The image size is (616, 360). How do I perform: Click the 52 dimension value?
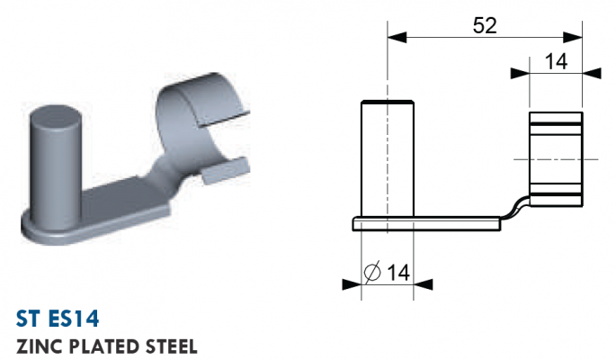(485, 25)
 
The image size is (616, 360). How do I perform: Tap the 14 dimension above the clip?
(556, 62)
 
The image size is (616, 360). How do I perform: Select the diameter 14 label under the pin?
(388, 272)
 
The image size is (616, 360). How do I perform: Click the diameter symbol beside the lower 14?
(372, 272)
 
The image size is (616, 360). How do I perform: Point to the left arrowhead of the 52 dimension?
(397, 38)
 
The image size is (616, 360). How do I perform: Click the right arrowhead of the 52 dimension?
(573, 38)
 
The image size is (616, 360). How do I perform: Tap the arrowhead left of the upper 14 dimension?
(520, 73)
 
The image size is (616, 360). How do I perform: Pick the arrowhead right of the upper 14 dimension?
(592, 73)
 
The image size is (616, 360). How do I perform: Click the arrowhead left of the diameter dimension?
(352, 284)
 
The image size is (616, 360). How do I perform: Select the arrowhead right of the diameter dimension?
(424, 284)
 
